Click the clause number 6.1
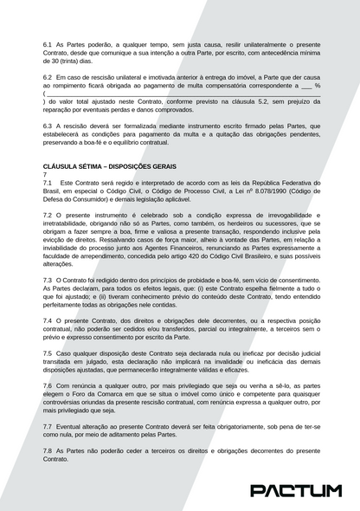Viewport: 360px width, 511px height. coord(48,43)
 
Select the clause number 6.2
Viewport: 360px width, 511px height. coord(48,77)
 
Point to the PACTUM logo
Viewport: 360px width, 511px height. coord(295,491)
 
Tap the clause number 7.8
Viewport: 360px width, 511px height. coord(48,450)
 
